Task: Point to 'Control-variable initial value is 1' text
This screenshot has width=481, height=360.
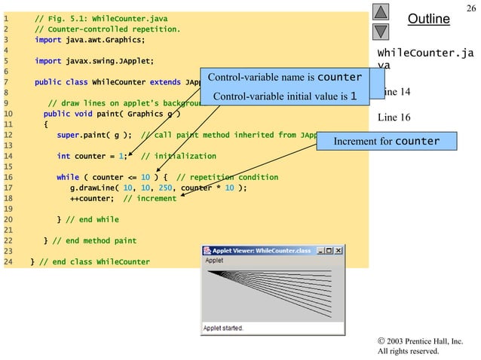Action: point(285,96)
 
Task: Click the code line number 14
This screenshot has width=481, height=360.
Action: point(8,156)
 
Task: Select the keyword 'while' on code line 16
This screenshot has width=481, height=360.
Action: point(67,177)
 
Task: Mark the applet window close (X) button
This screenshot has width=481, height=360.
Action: point(338,250)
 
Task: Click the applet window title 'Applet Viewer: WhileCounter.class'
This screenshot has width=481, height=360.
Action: point(261,250)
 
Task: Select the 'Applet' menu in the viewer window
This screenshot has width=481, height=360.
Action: point(214,261)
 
